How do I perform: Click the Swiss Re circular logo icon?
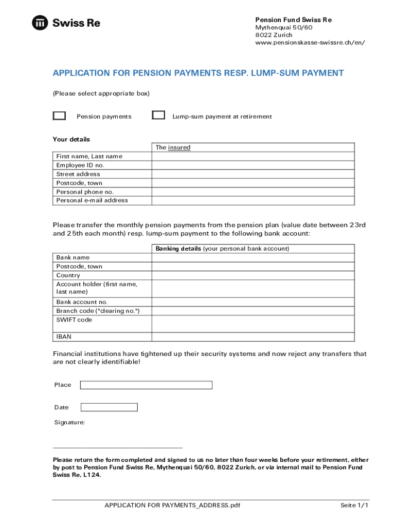pos(40,23)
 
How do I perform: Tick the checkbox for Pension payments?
pos(59,116)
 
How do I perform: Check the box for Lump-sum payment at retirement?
pos(158,116)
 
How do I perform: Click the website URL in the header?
pos(310,43)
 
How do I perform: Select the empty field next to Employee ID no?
pos(253,165)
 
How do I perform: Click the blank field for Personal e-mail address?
pos(253,200)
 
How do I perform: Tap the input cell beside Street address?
pos(253,174)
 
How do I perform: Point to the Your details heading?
pos(71,139)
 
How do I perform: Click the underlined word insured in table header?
pos(179,147)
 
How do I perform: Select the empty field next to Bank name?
pos(253,257)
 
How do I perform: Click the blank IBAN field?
pos(253,336)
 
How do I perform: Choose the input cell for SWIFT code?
pos(253,324)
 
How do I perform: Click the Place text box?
pos(146,385)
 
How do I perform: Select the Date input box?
pos(109,407)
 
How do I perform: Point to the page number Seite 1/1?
pos(354,505)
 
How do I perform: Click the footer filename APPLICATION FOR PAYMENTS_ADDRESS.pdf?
pos(172,505)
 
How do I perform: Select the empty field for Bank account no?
pos(253,302)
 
